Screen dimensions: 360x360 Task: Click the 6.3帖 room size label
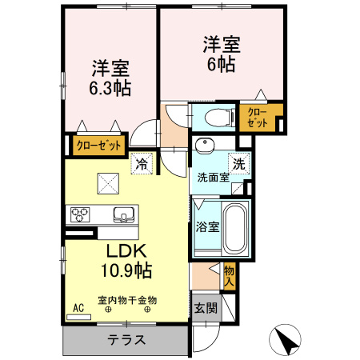(110, 86)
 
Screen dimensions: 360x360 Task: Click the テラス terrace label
(126, 339)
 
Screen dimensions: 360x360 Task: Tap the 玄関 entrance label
(203, 308)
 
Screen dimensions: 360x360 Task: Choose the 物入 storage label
(229, 275)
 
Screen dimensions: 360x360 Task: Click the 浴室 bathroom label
(206, 226)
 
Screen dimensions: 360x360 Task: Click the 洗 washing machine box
(238, 162)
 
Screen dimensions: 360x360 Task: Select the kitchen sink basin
(125, 214)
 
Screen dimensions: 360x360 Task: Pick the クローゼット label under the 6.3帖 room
(99, 146)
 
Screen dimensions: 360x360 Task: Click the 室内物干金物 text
(127, 300)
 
